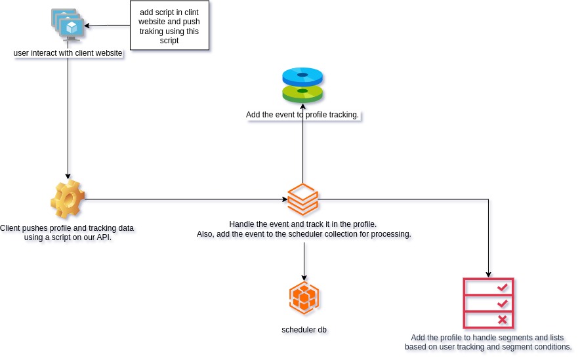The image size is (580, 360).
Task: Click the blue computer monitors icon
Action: pyautogui.click(x=68, y=26)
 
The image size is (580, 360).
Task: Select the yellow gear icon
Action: pyautogui.click(x=68, y=199)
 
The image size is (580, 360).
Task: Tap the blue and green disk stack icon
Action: pyautogui.click(x=302, y=85)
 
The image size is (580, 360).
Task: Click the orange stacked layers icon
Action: pyautogui.click(x=302, y=199)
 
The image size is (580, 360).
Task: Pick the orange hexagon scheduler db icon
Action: pyautogui.click(x=304, y=298)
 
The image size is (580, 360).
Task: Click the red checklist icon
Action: pyautogui.click(x=488, y=303)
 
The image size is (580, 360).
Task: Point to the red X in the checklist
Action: pyautogui.click(x=503, y=319)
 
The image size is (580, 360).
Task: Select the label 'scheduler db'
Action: pyautogui.click(x=304, y=329)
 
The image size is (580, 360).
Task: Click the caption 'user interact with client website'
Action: pyautogui.click(x=68, y=52)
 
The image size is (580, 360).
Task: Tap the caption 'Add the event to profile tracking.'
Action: pyautogui.click(x=302, y=115)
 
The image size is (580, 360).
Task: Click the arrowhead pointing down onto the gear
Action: pyautogui.click(x=68, y=176)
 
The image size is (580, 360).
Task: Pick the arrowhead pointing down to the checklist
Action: pyautogui.click(x=488, y=274)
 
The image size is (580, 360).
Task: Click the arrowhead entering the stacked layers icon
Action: pyautogui.click(x=284, y=199)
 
